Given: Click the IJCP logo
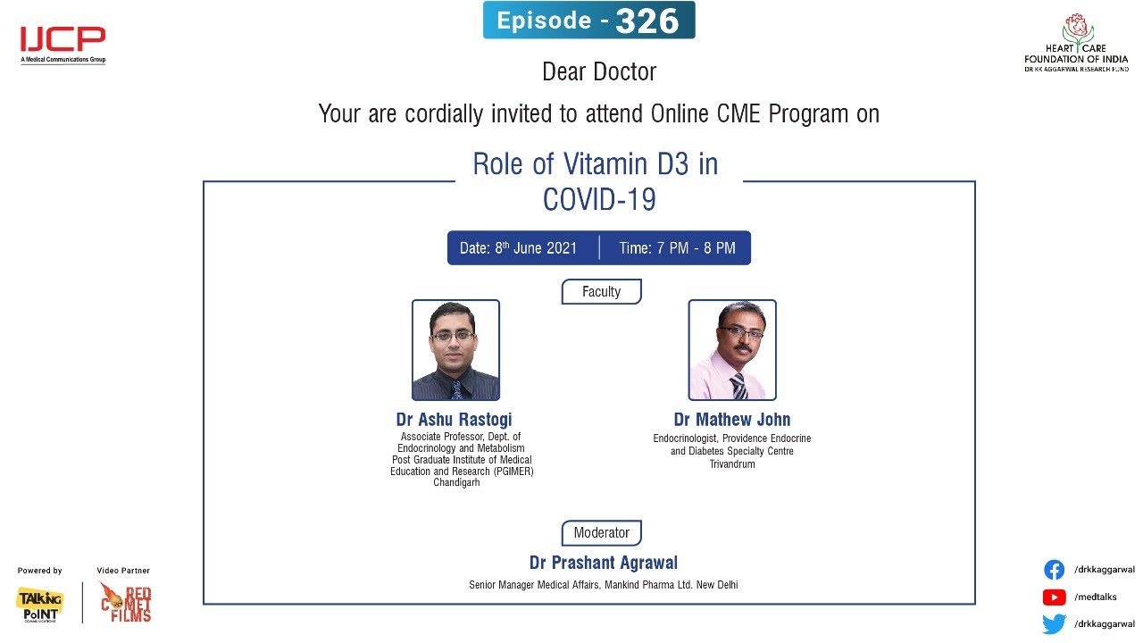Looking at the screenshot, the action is pos(63,45).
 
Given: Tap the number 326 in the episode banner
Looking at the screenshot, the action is pos(647,21).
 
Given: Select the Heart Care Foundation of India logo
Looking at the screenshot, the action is pos(1076,43).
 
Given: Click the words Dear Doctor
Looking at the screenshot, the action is pos(599,71).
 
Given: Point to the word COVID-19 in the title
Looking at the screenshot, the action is pos(599,199).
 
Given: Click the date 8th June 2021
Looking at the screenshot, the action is pos(536,248).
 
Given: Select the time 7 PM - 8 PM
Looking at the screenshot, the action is pos(696,248).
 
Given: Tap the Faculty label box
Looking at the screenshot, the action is pos(602,291).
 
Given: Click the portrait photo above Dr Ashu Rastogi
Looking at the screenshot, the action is pos(455,350).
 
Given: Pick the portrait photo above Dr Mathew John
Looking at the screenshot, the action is pos(732,350).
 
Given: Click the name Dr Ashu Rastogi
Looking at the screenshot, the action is pos(455,420).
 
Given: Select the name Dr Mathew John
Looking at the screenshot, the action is pos(732,420).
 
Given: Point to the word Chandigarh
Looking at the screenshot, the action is pos(456,483).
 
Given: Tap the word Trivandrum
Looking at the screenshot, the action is pos(732,464).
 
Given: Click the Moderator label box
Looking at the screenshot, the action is pos(602,533).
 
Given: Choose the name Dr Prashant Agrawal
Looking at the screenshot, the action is pos(603,563).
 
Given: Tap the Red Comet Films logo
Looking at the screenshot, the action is pos(126,603).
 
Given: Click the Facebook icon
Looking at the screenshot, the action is pos(1055,570).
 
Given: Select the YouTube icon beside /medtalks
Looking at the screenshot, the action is pos(1055,597).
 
